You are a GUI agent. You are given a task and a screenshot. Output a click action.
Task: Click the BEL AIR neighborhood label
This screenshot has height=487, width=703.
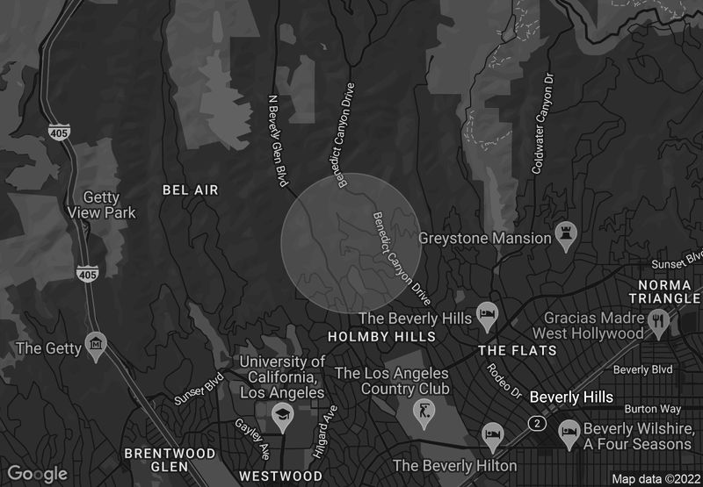pos(190,190)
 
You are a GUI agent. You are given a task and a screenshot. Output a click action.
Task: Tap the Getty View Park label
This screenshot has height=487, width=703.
pos(103,204)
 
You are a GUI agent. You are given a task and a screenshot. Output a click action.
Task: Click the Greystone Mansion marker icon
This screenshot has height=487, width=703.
pos(565,237)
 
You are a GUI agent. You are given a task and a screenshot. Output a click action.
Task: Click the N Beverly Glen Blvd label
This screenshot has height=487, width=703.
pos(278,140)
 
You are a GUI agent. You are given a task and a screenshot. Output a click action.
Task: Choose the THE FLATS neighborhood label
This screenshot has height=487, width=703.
pos(517,350)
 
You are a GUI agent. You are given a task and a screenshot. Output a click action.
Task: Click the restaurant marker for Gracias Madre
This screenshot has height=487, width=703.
pos(656,322)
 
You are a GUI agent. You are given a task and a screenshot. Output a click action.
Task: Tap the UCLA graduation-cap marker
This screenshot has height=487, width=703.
pos(281,415)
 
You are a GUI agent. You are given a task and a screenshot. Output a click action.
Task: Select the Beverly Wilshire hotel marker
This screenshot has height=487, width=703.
pos(569,429)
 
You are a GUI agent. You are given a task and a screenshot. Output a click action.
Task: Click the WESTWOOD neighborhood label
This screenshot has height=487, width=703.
pos(281,476)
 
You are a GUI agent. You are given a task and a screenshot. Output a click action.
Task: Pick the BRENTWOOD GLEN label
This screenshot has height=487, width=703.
pos(170,460)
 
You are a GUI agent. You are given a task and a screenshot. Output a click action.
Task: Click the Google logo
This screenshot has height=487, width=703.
pos(38,474)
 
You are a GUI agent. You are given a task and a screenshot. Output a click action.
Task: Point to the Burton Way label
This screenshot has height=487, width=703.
pos(653,409)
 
